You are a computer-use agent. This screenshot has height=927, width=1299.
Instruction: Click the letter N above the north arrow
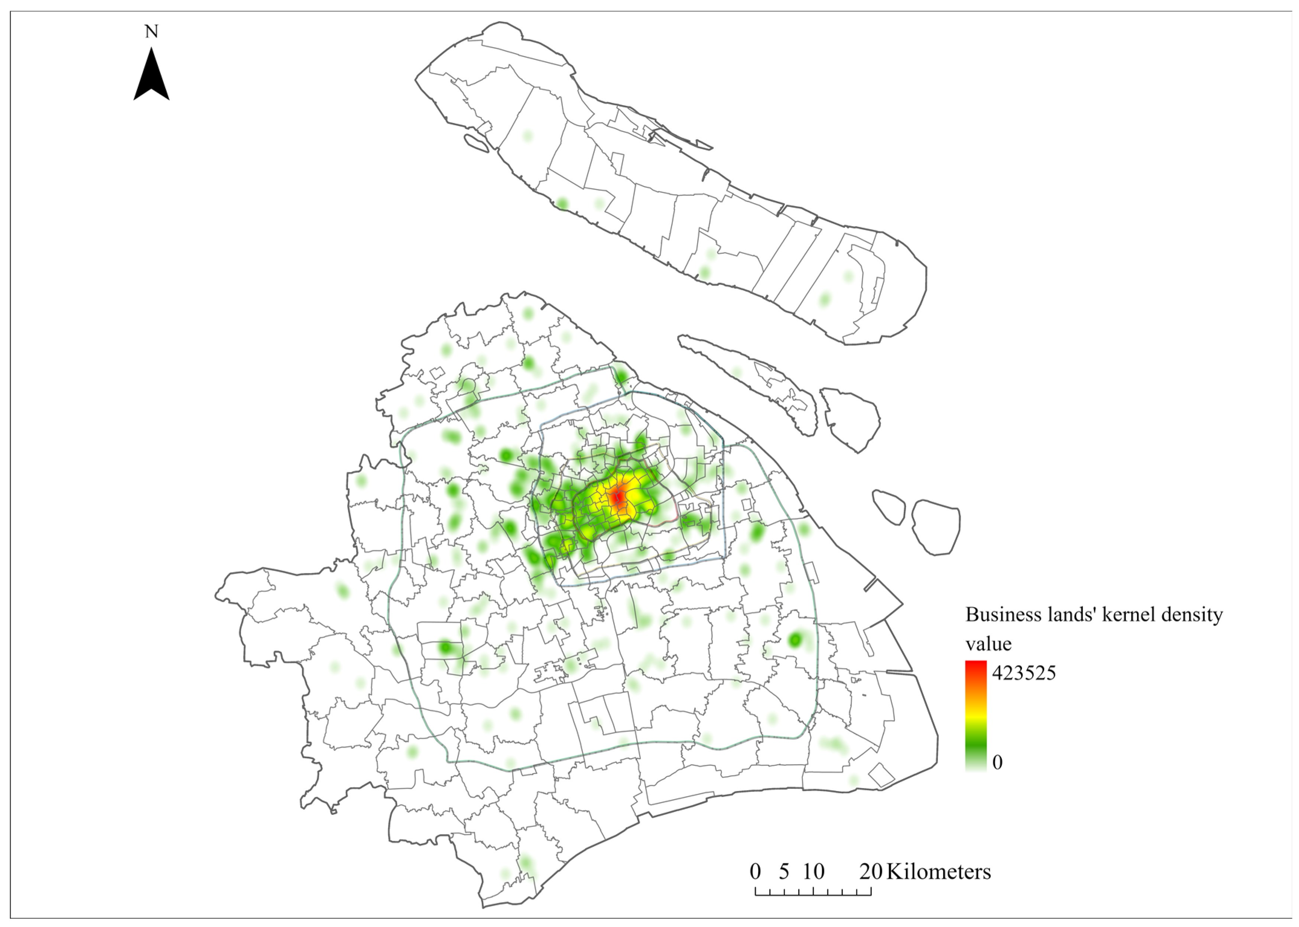(x=151, y=31)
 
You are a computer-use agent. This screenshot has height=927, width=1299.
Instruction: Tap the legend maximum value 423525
(x=1024, y=673)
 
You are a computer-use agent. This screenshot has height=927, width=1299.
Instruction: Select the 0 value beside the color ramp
(x=997, y=762)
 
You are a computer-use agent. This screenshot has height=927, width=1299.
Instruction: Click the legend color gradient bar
(x=976, y=716)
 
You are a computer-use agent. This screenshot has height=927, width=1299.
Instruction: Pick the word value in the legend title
(x=988, y=644)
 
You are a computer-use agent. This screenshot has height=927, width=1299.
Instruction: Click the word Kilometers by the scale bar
(x=938, y=872)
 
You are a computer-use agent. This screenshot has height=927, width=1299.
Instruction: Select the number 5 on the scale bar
(x=784, y=872)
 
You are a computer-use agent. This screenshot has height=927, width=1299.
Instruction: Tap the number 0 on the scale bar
(x=755, y=872)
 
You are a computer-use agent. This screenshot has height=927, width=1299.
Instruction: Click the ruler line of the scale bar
(x=813, y=892)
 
